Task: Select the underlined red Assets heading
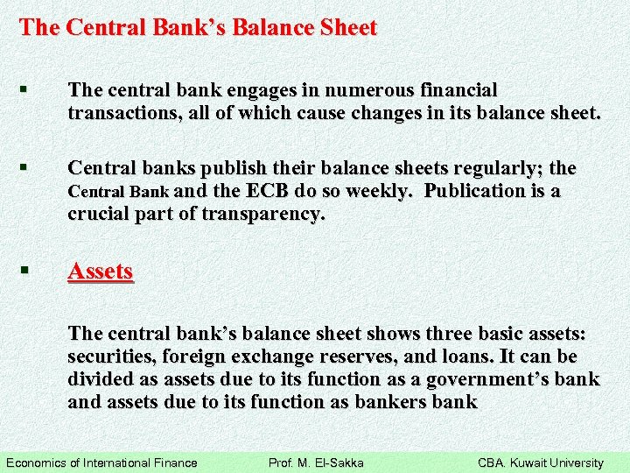(101, 272)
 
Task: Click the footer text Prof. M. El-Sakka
(315, 462)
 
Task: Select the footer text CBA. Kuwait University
(540, 462)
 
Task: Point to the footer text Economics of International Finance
(101, 462)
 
